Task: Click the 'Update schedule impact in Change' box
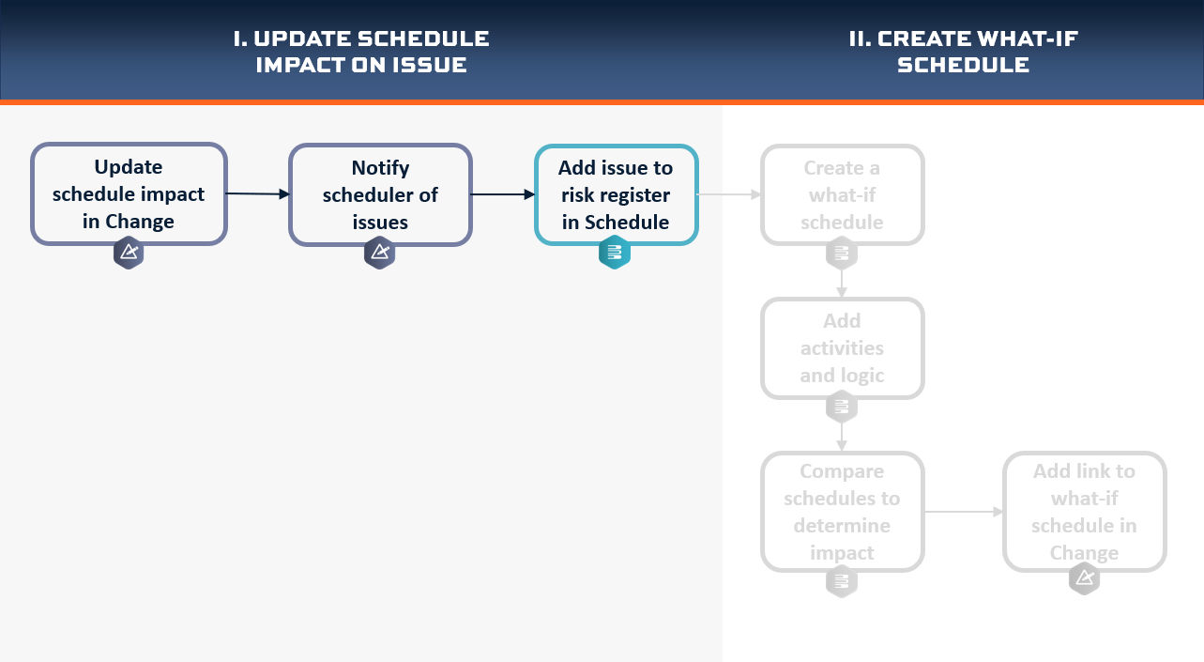pyautogui.click(x=129, y=193)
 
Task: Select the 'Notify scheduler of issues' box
pyautogui.click(x=381, y=194)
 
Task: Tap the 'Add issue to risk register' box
pyautogui.click(x=617, y=194)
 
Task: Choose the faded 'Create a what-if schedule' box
pyautogui.click(x=843, y=194)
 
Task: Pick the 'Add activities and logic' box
pyautogui.click(x=843, y=348)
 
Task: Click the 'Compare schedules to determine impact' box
pyautogui.click(x=843, y=512)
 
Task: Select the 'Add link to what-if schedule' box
pyautogui.click(x=1084, y=512)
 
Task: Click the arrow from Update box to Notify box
pyautogui.click(x=258, y=193)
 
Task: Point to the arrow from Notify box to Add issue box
pyautogui.click(x=503, y=194)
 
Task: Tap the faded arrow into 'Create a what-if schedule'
pyautogui.click(x=729, y=194)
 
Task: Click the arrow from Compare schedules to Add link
pyautogui.click(x=964, y=512)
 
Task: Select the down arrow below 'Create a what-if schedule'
pyautogui.click(x=842, y=284)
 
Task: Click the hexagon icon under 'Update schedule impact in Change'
pyautogui.click(x=129, y=253)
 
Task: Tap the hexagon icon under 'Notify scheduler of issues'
pyautogui.click(x=379, y=253)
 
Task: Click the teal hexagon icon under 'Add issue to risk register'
pyautogui.click(x=615, y=253)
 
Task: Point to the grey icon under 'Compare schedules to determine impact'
pyautogui.click(x=842, y=581)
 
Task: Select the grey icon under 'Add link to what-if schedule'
pyautogui.click(x=1084, y=578)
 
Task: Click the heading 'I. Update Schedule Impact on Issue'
pyautogui.click(x=361, y=52)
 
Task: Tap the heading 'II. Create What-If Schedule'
pyautogui.click(x=963, y=52)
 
